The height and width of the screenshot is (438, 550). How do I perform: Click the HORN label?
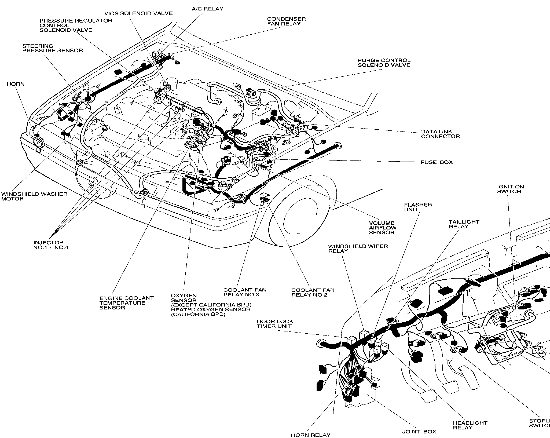(x=15, y=84)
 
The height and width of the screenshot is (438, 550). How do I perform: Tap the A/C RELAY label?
(x=207, y=9)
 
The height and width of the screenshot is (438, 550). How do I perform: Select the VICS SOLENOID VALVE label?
(x=138, y=13)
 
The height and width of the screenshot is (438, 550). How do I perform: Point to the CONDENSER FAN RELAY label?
(x=286, y=21)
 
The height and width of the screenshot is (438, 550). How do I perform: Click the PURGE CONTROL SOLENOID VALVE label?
(x=384, y=63)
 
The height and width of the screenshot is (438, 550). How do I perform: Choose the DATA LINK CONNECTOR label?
(x=440, y=134)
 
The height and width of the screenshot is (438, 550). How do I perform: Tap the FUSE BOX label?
(x=437, y=162)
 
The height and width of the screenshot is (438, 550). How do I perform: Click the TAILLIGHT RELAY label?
(x=464, y=224)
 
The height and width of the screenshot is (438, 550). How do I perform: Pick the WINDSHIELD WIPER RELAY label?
(x=358, y=249)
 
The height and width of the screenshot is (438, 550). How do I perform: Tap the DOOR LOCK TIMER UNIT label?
(x=275, y=324)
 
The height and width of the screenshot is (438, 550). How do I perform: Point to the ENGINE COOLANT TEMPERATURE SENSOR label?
(x=126, y=303)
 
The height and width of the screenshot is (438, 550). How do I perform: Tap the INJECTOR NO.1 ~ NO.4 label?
(x=51, y=245)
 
